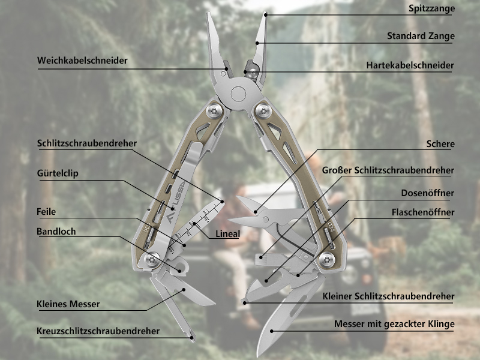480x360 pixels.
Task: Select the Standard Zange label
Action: (x=421, y=36)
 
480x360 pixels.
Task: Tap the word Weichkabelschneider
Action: (x=82, y=61)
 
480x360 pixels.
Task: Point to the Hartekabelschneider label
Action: (x=410, y=65)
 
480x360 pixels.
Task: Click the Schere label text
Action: (x=440, y=144)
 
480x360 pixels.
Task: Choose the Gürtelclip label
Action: (x=58, y=173)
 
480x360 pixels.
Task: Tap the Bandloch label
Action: (x=56, y=231)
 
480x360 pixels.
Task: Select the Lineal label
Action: (x=227, y=234)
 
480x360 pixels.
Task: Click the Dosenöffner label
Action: (x=428, y=193)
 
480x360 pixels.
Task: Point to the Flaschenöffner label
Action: (x=423, y=212)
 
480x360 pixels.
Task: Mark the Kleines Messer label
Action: (x=68, y=304)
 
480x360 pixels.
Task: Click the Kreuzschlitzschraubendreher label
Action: (x=98, y=331)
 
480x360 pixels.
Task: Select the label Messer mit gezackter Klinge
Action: (x=394, y=325)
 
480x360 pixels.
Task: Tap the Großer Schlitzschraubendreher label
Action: (x=388, y=170)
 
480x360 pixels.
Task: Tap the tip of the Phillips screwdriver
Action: (x=193, y=338)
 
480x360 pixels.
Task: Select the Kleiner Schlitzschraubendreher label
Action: (x=388, y=296)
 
